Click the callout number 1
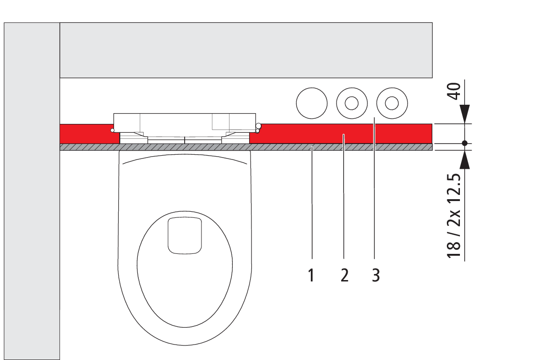tap(311, 275)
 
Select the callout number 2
tap(344, 275)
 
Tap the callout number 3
tap(376, 275)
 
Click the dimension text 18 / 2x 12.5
tap(454, 216)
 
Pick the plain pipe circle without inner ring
tap(312, 103)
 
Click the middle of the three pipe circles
tap(351, 103)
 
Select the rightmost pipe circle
tap(392, 103)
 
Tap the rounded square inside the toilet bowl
tap(185, 235)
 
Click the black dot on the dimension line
tap(465, 144)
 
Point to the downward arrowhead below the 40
tap(465, 114)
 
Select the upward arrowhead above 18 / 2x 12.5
tap(465, 159)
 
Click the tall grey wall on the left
tap(32, 191)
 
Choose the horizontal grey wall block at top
tap(246, 50)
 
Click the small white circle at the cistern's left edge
tap(112, 130)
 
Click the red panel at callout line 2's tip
tap(344, 135)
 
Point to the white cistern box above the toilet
tap(185, 122)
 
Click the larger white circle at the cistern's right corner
tap(258, 125)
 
